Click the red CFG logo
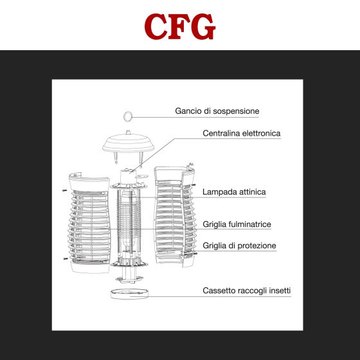pyautogui.click(x=180, y=26)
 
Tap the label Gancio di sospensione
pyautogui.click(x=217, y=111)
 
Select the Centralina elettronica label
pyautogui.click(x=242, y=133)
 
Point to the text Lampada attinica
pyautogui.click(x=234, y=192)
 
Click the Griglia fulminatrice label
pyautogui.click(x=237, y=224)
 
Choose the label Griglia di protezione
pyautogui.click(x=239, y=246)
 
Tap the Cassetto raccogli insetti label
pyautogui.click(x=247, y=291)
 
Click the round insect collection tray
pyautogui.click(x=129, y=294)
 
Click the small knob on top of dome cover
pyautogui.click(x=128, y=132)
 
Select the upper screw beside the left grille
pyautogui.click(x=64, y=190)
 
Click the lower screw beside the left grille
pyautogui.click(x=66, y=258)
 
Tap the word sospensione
pyautogui.click(x=237, y=112)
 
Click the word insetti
pyautogui.click(x=280, y=291)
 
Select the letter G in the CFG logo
pyautogui.click(x=203, y=26)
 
